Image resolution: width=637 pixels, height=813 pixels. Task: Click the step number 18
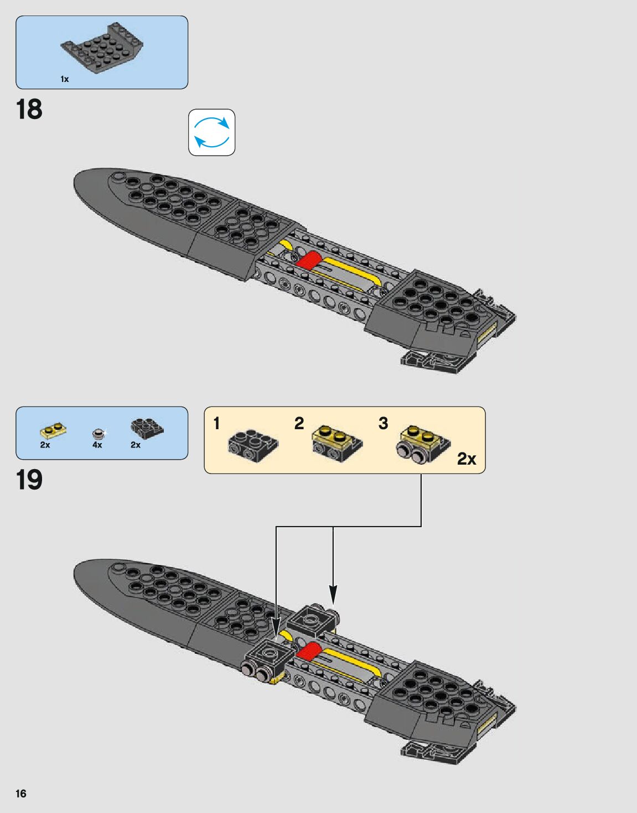(29, 110)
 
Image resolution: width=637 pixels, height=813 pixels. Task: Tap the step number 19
(29, 480)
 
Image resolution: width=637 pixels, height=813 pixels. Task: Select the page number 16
(20, 794)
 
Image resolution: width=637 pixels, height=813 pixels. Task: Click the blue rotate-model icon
(211, 132)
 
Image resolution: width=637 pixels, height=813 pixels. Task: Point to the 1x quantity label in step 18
(65, 79)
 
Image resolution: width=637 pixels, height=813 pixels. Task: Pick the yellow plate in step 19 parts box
(54, 430)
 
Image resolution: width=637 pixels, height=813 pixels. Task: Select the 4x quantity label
(97, 445)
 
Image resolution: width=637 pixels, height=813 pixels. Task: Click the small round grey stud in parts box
(99, 433)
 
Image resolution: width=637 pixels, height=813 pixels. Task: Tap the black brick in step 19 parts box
(147, 427)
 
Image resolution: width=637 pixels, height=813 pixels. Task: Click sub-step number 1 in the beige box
(216, 424)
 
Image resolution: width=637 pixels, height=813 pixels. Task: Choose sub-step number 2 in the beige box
(299, 424)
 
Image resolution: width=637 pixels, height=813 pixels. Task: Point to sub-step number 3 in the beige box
(383, 424)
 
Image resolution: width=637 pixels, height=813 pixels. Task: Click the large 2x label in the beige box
(467, 459)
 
